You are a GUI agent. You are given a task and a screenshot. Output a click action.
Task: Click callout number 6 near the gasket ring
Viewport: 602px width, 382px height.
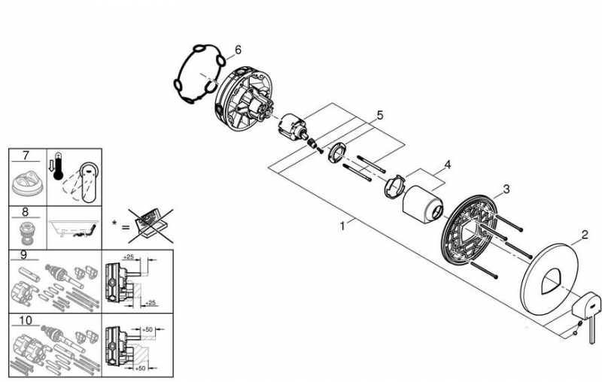click(x=238, y=50)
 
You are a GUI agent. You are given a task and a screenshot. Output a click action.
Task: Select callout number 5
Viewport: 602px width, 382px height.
click(x=380, y=116)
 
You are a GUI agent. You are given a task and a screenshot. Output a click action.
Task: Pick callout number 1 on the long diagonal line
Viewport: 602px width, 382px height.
click(x=343, y=223)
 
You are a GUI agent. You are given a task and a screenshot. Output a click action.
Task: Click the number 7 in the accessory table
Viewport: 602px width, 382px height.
click(x=26, y=156)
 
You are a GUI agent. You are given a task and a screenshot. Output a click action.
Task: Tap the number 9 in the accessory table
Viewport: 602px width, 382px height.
click(x=26, y=255)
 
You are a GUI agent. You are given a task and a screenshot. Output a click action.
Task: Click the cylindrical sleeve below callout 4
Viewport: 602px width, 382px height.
click(x=421, y=206)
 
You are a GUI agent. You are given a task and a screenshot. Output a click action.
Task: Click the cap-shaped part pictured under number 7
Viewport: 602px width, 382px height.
click(x=29, y=181)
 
